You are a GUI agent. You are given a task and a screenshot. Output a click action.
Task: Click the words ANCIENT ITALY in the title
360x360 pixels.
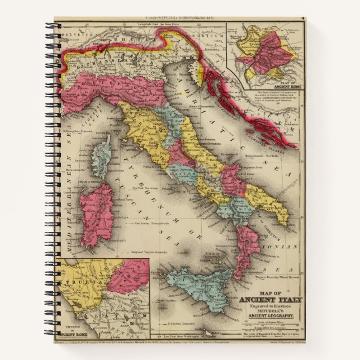click(271, 300)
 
